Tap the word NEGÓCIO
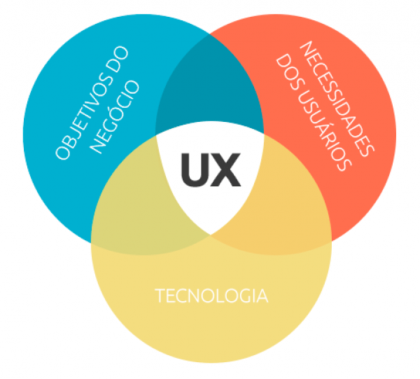[114, 117]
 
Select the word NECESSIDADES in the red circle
[337, 99]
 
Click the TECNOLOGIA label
[211, 296]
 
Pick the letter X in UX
[225, 170]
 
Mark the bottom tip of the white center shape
[211, 235]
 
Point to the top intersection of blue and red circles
[210, 34]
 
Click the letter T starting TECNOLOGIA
[160, 296]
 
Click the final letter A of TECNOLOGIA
[262, 296]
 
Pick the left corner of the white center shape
[156, 135]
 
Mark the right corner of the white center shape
[264, 134]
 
